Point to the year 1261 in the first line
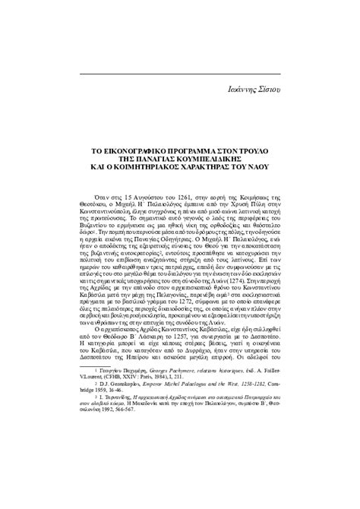(x=172, y=197)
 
